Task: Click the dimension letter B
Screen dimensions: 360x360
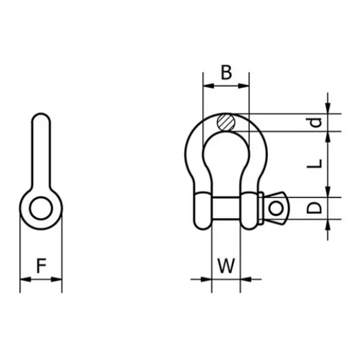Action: coord(225,72)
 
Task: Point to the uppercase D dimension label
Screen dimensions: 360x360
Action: coord(315,208)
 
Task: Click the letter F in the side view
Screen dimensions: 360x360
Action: coord(42,265)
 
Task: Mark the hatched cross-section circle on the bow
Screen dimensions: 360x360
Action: coord(226,123)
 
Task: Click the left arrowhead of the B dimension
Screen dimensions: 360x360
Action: coord(206,87)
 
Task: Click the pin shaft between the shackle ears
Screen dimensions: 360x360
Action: coord(226,208)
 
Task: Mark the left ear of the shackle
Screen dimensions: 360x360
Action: coord(200,208)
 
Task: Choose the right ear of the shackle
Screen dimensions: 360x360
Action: coord(251,208)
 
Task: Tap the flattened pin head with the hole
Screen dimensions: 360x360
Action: coord(278,208)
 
